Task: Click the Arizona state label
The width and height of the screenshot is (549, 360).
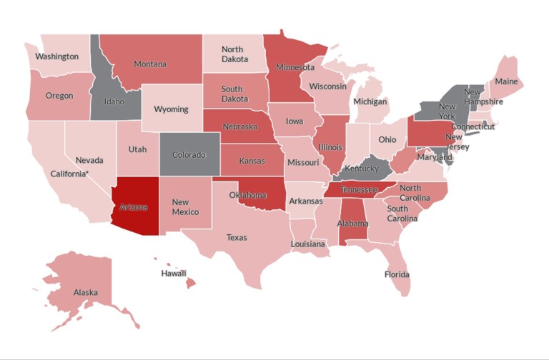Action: click(x=134, y=207)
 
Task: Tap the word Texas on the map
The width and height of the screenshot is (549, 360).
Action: click(x=237, y=237)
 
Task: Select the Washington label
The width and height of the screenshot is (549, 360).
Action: click(x=57, y=56)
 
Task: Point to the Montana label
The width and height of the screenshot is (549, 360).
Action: click(x=150, y=64)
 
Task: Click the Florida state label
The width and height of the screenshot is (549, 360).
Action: click(x=397, y=274)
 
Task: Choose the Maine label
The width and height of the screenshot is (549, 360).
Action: click(x=506, y=81)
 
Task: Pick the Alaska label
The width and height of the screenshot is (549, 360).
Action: click(x=86, y=292)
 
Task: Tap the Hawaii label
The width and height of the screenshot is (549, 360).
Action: click(x=174, y=273)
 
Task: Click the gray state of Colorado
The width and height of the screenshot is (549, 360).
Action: click(x=189, y=155)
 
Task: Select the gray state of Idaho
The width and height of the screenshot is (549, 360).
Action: click(x=114, y=101)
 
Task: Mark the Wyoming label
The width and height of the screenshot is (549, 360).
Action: click(x=172, y=109)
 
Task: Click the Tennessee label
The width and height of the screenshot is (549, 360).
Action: click(x=358, y=190)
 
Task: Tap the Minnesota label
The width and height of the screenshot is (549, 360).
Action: click(x=295, y=68)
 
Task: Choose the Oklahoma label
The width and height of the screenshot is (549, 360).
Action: click(x=248, y=195)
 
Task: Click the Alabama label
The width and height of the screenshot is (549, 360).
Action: click(x=353, y=224)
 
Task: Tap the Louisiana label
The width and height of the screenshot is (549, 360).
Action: click(x=308, y=244)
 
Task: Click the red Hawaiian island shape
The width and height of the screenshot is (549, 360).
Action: click(x=191, y=284)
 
